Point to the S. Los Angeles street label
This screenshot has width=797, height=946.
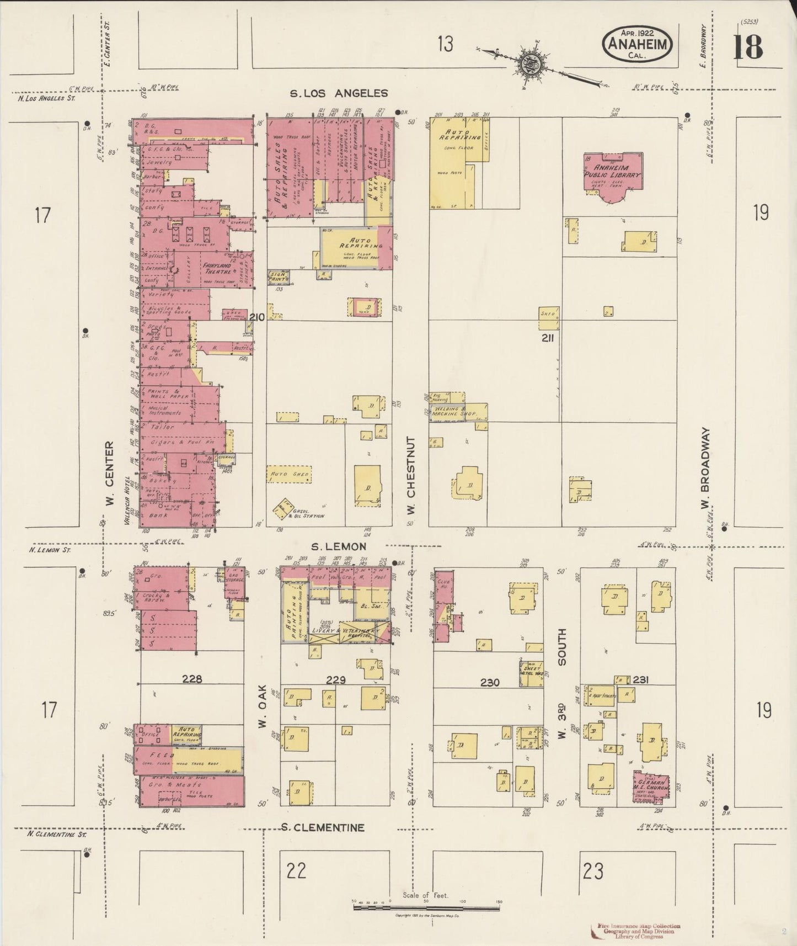(x=339, y=93)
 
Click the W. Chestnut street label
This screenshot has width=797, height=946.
(x=411, y=475)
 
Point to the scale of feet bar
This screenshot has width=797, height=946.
(x=427, y=904)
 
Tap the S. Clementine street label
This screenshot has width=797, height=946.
(x=322, y=827)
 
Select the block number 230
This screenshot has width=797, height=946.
(x=489, y=683)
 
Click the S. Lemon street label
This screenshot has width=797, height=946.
(x=339, y=546)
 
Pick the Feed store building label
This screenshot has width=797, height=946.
(x=163, y=754)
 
